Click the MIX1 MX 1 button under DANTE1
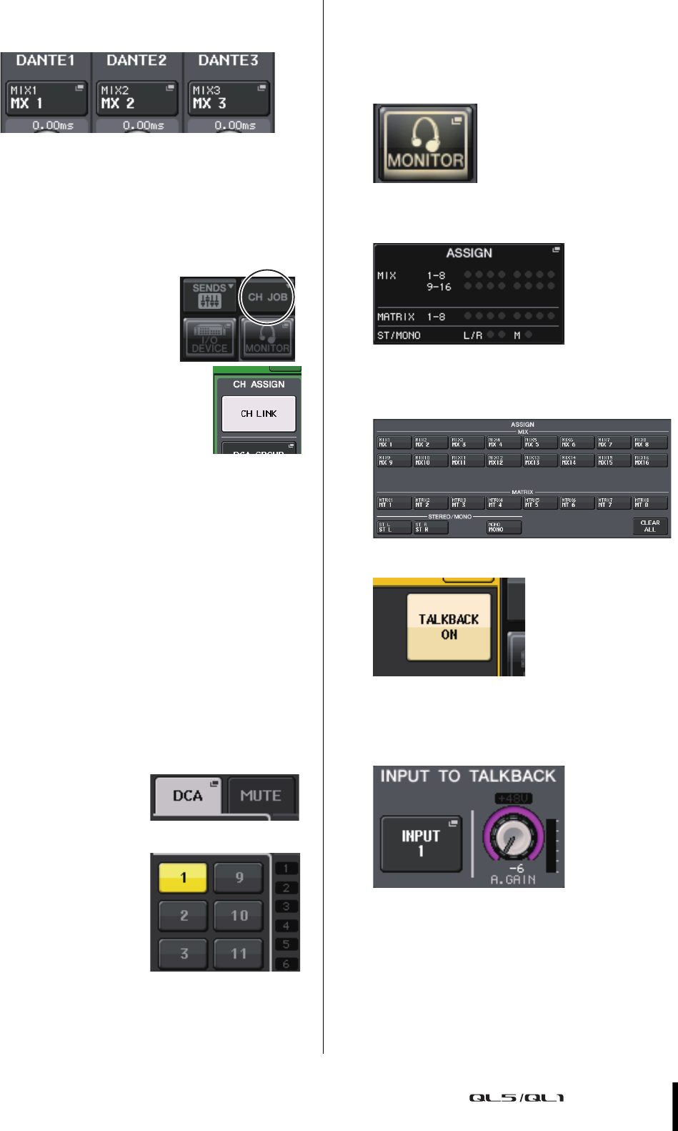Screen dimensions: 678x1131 (x=47, y=98)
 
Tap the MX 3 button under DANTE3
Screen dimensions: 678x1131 (x=229, y=98)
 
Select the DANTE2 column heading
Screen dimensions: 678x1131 (x=136, y=61)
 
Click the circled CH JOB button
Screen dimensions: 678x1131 (x=267, y=297)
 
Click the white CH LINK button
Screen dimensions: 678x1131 (x=259, y=414)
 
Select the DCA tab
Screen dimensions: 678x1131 (x=188, y=796)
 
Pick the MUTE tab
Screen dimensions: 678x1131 (x=261, y=796)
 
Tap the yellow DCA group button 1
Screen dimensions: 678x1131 (x=184, y=878)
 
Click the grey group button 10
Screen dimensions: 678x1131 (x=239, y=915)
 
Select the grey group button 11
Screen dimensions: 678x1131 (x=239, y=953)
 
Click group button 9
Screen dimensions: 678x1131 (x=239, y=878)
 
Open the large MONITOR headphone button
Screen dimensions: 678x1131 (x=425, y=143)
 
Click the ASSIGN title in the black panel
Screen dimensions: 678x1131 (x=469, y=253)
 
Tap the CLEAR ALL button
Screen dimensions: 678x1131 (x=649, y=526)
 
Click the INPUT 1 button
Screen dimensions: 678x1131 (x=421, y=844)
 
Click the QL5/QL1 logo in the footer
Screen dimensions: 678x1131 (x=517, y=1097)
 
